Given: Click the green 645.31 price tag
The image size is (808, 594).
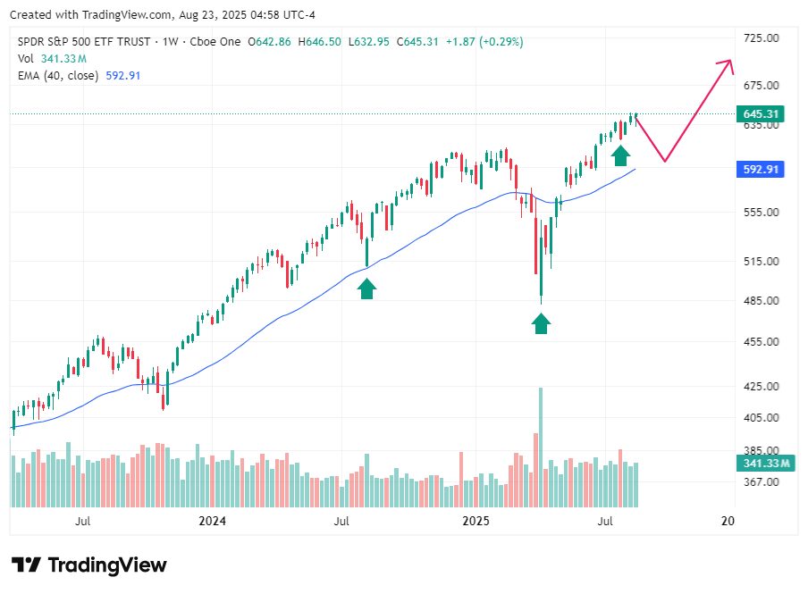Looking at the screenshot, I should tap(758, 114).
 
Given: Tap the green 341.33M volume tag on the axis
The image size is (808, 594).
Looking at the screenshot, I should tap(761, 463).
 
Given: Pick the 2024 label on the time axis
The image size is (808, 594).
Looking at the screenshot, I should tap(213, 521).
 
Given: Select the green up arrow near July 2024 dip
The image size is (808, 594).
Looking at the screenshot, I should tap(366, 288).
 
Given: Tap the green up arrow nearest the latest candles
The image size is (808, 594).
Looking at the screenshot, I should tap(620, 155).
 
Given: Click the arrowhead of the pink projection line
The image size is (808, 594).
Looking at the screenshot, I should tap(730, 63).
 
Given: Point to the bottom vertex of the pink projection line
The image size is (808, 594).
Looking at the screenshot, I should tap(664, 162).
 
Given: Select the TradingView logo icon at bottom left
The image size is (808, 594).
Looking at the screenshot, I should tap(28, 565).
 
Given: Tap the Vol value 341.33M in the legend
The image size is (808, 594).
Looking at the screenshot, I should tap(63, 59).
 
